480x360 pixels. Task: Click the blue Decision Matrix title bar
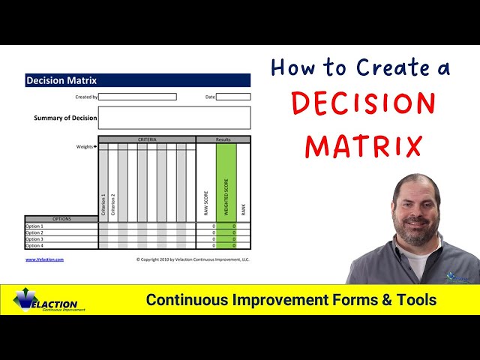137,80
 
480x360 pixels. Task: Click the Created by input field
138,97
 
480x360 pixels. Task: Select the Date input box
233,97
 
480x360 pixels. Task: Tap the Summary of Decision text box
174,118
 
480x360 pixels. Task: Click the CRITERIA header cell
147,139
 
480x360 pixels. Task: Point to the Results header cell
223,139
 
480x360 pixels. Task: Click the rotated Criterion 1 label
103,205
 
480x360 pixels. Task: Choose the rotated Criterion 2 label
113,205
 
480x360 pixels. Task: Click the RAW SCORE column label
206,202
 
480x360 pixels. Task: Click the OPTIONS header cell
61,219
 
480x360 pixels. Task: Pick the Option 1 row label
35,226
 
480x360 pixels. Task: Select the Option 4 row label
35,245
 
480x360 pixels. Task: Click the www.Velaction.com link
44,259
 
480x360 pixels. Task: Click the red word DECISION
363,104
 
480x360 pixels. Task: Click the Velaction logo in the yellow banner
46,301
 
